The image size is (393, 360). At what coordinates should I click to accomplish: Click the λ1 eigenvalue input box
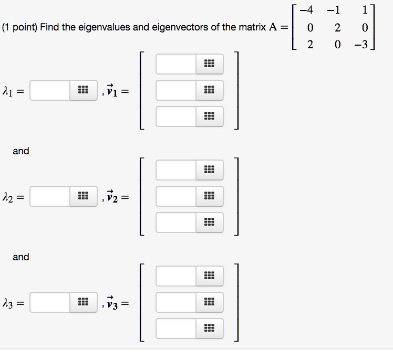click(50, 91)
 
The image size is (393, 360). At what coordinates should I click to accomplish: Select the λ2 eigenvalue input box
click(50, 197)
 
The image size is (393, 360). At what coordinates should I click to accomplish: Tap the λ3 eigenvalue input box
click(50, 303)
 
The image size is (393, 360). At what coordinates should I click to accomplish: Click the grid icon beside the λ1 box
click(83, 91)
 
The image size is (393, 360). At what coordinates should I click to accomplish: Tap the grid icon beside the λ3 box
click(83, 303)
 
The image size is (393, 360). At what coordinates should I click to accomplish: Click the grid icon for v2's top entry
click(209, 170)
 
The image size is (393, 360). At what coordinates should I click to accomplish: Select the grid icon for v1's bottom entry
click(209, 117)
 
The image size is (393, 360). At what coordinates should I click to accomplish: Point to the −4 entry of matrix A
click(309, 9)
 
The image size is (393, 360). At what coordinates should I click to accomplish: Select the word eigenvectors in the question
click(179, 27)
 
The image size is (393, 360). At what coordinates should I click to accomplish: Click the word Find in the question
click(49, 27)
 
